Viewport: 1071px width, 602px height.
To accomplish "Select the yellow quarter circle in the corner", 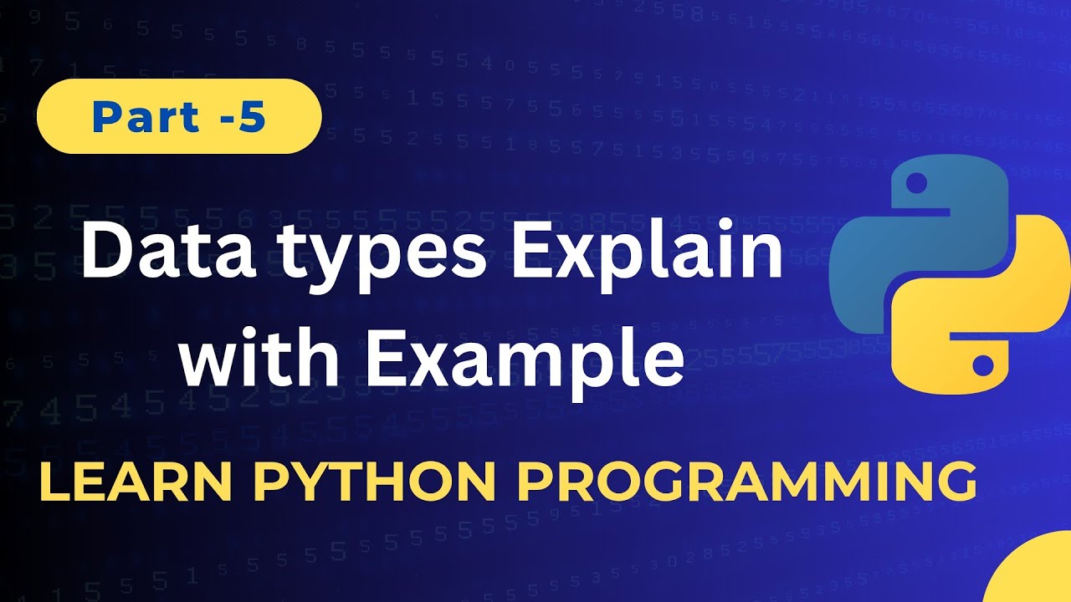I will pos(1038,577).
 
